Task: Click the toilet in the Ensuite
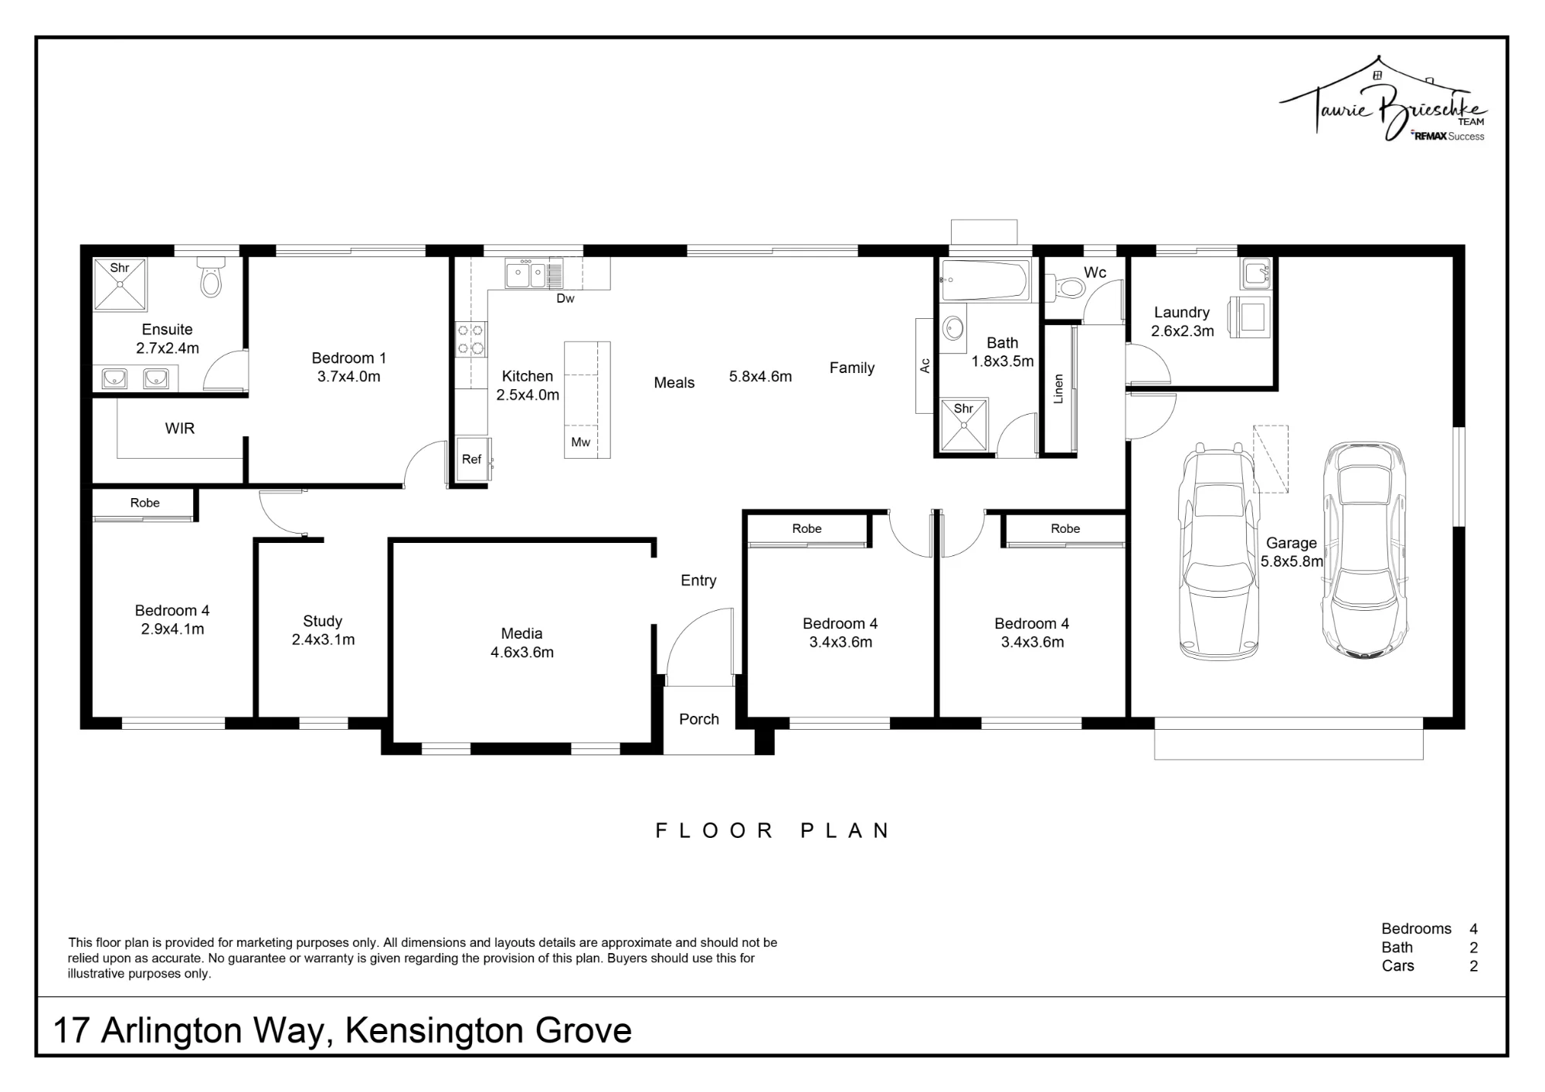[210, 277]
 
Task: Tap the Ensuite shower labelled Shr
[120, 284]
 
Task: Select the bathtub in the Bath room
[985, 280]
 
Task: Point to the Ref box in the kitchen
[472, 460]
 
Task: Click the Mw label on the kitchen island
[581, 443]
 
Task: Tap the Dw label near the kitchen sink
[565, 298]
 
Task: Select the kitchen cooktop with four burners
[470, 339]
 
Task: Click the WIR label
[180, 429]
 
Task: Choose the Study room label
[323, 621]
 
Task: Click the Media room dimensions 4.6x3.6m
[522, 652]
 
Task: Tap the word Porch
[699, 719]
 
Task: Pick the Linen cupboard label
[1058, 388]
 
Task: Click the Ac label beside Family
[925, 365]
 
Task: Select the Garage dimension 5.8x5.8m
[1292, 561]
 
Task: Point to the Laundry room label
[1182, 313]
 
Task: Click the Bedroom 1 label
[349, 358]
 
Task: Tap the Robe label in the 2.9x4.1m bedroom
[145, 503]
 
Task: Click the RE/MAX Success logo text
[1448, 136]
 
